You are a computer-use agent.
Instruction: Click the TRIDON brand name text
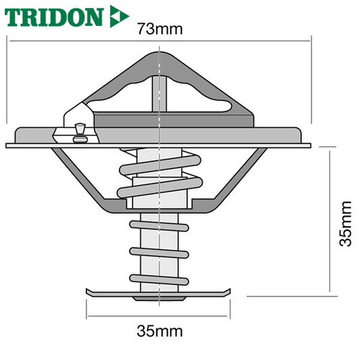click(54, 17)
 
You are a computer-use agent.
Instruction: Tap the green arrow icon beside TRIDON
click(119, 17)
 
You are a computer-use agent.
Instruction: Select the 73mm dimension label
click(160, 29)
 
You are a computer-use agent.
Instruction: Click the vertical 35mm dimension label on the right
click(346, 224)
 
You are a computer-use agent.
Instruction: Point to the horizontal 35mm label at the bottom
click(160, 331)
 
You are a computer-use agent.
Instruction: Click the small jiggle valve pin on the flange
click(80, 133)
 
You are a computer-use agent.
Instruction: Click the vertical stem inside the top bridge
click(159, 94)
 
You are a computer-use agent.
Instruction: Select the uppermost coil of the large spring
click(160, 165)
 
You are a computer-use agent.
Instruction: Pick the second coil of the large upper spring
click(160, 187)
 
